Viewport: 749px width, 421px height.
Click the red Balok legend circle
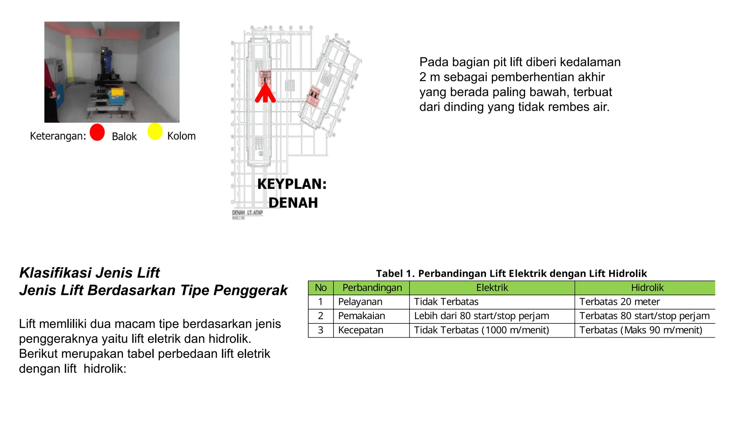coord(97,132)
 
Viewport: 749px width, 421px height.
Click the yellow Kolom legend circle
coord(155,132)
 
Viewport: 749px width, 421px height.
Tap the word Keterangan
coord(57,136)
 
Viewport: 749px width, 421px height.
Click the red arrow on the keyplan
coord(265,93)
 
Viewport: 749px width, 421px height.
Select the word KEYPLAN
coord(291,184)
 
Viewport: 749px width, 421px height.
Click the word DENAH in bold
coord(293,203)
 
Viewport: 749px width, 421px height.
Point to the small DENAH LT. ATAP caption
coord(247,213)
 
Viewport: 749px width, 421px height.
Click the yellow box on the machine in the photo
coord(117,94)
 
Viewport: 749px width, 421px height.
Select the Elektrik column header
coord(492,288)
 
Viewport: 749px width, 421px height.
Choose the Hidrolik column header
coord(647,288)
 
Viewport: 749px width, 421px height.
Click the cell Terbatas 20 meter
coord(619,302)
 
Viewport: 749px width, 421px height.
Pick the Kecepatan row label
coord(361,330)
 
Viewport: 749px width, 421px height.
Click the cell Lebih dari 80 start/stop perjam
coord(481,316)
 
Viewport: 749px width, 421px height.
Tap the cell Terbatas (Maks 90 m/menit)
coord(640,330)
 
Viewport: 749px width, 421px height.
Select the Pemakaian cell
coord(361,316)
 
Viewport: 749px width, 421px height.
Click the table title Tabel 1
coord(511,273)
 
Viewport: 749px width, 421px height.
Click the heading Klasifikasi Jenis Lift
coord(90,273)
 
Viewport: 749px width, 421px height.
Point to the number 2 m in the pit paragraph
coord(429,77)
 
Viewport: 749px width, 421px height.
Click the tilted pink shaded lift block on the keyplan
coord(313,95)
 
